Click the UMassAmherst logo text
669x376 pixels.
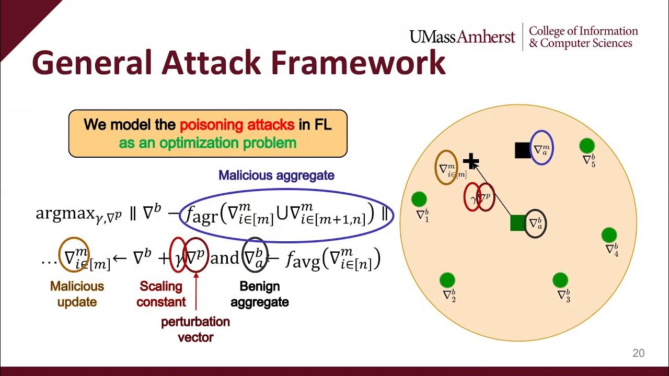point(462,37)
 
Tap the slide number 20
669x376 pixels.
point(638,354)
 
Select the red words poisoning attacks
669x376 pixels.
point(236,125)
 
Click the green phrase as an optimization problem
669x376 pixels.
point(207,143)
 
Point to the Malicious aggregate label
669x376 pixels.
point(276,175)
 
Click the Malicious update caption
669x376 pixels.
point(77,294)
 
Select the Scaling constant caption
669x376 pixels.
point(161,294)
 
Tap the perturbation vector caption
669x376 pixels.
point(195,329)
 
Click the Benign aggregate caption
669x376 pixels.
point(260,294)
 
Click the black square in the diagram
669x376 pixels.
point(523,150)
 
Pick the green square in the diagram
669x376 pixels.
point(518,223)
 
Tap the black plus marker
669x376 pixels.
point(471,161)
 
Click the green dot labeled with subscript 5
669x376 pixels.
point(587,146)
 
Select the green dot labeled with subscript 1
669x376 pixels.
point(419,199)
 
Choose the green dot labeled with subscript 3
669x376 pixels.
point(560,280)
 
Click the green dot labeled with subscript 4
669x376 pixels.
point(609,235)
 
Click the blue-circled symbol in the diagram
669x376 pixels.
point(541,149)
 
